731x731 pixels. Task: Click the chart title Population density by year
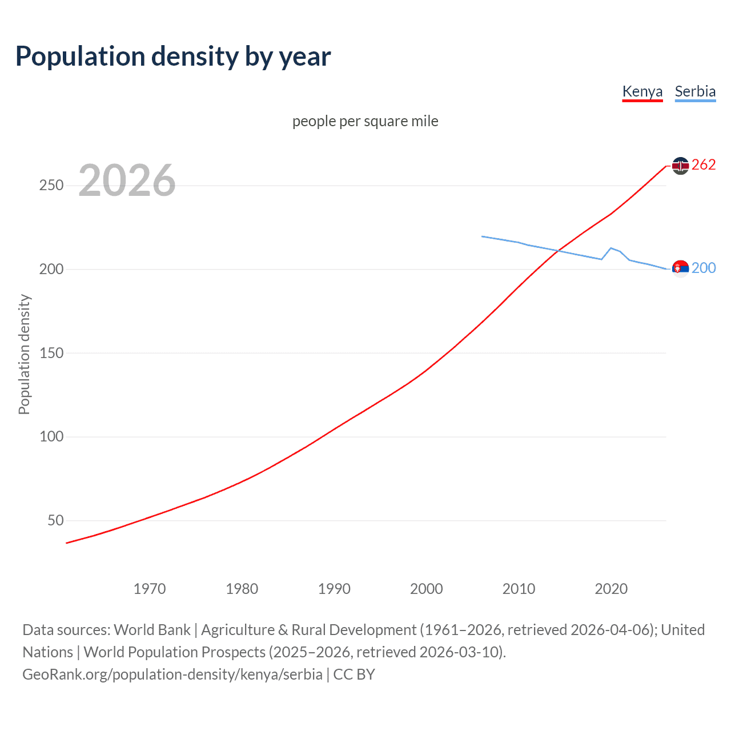click(x=173, y=57)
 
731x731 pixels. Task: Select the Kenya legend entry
click(x=642, y=91)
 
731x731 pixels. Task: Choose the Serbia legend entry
click(x=695, y=91)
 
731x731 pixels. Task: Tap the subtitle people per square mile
click(x=365, y=121)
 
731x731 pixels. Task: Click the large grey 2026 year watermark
click(x=127, y=180)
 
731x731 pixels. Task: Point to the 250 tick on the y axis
click(x=51, y=186)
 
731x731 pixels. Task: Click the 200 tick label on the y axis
click(x=51, y=269)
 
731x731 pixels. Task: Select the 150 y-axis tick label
click(x=51, y=353)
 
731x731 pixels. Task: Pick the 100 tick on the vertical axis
click(x=51, y=437)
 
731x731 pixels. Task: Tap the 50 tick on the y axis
click(x=55, y=520)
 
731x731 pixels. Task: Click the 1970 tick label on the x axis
click(x=150, y=589)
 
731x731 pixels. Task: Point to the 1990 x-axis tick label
click(x=334, y=589)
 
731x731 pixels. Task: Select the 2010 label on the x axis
click(x=519, y=589)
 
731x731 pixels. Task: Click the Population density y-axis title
click(x=24, y=354)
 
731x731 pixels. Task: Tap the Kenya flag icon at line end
click(x=680, y=166)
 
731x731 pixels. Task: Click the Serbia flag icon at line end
click(x=680, y=268)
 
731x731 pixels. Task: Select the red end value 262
click(x=704, y=165)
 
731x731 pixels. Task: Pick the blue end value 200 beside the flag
click(x=704, y=268)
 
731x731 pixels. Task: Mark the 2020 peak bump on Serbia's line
click(x=611, y=248)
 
